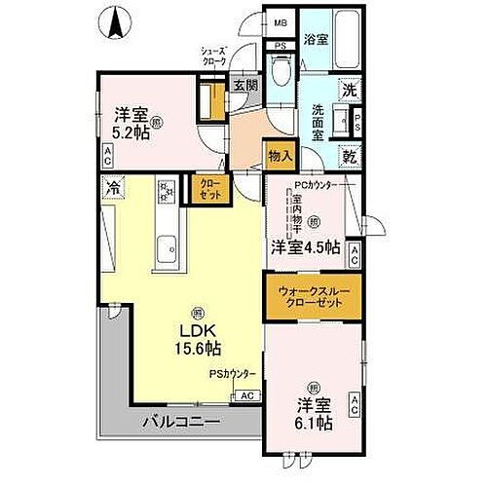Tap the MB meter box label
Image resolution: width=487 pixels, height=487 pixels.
point(280,22)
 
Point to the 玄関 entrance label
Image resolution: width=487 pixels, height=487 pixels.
point(244,85)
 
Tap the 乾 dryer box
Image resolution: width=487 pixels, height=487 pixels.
point(349,156)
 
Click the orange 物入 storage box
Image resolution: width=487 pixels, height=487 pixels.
point(278,154)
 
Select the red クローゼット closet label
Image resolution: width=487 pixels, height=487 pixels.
point(209,188)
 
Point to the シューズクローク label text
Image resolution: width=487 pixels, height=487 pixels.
point(214,56)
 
